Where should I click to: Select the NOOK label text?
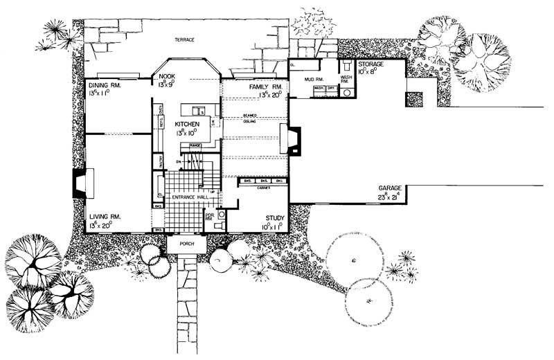(x=167, y=76)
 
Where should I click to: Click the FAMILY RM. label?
(x=264, y=87)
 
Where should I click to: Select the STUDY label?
(x=274, y=218)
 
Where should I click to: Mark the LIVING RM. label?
(x=105, y=217)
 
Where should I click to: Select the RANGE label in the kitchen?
(x=195, y=145)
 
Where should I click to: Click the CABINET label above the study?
(x=261, y=186)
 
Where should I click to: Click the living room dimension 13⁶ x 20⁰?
(x=105, y=225)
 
